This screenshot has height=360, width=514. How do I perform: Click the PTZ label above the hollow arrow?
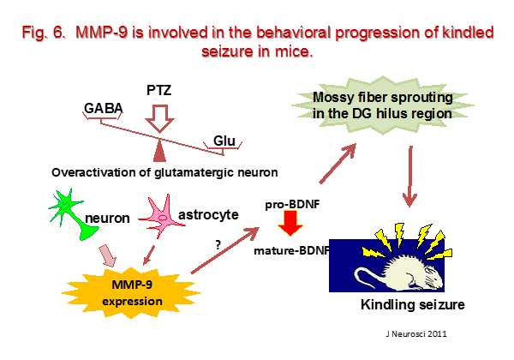click(159, 90)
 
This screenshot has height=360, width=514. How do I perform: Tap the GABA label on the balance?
click(104, 108)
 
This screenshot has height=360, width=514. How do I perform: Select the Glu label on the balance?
click(224, 141)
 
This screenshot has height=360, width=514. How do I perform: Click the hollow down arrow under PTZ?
click(159, 118)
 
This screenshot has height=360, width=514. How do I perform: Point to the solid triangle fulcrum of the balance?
click(159, 152)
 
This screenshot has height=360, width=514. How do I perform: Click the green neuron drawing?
click(72, 213)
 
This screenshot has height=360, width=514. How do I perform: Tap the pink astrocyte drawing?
click(161, 216)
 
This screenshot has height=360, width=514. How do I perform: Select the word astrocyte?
click(208, 215)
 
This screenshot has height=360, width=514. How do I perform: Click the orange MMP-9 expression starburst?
click(131, 293)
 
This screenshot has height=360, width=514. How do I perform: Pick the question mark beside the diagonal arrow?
click(218, 244)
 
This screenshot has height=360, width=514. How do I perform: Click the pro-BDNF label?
click(292, 205)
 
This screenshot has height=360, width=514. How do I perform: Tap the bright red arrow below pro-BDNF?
click(290, 223)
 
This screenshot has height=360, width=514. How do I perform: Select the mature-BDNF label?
click(291, 251)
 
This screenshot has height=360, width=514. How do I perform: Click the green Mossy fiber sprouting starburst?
click(383, 105)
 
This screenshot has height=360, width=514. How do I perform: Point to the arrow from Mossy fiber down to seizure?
click(409, 177)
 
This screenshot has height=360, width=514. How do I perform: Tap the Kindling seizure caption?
click(413, 304)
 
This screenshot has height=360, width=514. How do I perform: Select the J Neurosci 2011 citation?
click(416, 333)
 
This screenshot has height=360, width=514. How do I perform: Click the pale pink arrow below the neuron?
click(108, 255)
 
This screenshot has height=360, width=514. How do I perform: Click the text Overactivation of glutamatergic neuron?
click(164, 172)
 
